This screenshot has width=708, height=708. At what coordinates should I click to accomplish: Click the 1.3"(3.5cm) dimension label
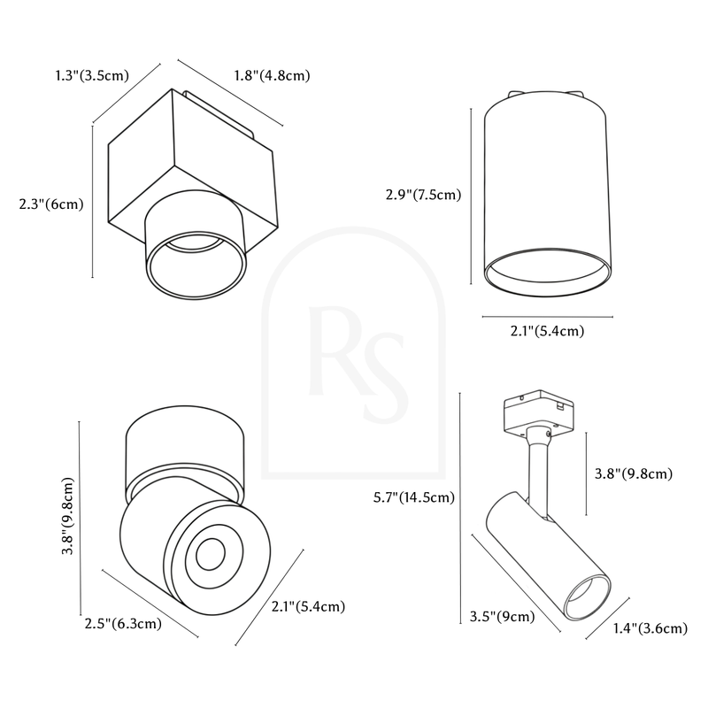pyautogui.click(x=92, y=75)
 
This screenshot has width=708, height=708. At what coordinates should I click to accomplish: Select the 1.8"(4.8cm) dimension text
pyautogui.click(x=273, y=75)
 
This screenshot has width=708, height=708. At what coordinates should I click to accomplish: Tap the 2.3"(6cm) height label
pyautogui.click(x=51, y=204)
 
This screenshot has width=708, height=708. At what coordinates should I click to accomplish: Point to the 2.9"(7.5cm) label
pyautogui.click(x=424, y=195)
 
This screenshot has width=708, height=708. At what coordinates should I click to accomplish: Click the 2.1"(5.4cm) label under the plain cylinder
pyautogui.click(x=547, y=331)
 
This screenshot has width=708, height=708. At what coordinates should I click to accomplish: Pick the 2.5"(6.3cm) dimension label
pyautogui.click(x=123, y=624)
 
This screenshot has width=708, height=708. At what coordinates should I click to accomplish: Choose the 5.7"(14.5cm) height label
pyautogui.click(x=414, y=497)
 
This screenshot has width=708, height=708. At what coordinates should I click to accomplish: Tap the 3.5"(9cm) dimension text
pyautogui.click(x=502, y=616)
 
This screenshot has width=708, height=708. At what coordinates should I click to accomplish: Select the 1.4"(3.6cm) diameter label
pyautogui.click(x=650, y=628)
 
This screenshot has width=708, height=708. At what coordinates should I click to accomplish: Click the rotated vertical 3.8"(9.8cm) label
pyautogui.click(x=67, y=516)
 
